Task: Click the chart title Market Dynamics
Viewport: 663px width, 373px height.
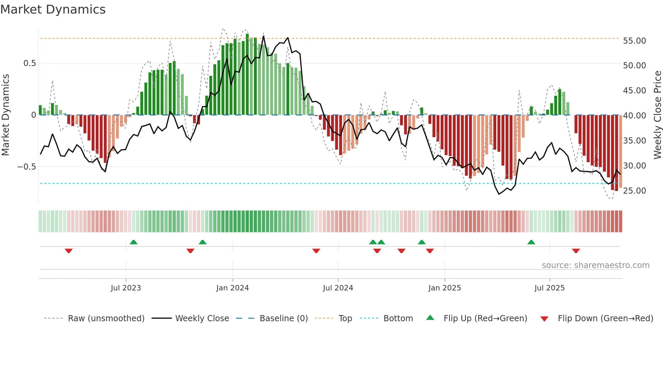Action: pyautogui.click(x=53, y=9)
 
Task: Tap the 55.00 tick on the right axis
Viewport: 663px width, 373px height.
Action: pyautogui.click(x=634, y=41)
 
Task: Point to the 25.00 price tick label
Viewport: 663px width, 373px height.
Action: pyautogui.click(x=634, y=191)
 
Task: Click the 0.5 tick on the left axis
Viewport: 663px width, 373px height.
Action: pyautogui.click(x=29, y=63)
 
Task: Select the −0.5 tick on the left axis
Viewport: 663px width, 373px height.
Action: pyautogui.click(x=27, y=167)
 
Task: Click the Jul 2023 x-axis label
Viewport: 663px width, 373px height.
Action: pyautogui.click(x=125, y=288)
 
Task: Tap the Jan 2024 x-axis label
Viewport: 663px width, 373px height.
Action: pyautogui.click(x=232, y=288)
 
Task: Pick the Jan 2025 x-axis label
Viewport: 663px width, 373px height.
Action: pyautogui.click(x=444, y=288)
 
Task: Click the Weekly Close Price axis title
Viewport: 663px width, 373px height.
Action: pyautogui.click(x=657, y=115)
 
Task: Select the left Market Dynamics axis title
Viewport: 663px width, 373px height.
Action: pyautogui.click(x=5, y=115)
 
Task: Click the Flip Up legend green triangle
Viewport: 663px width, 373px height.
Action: pyautogui.click(x=430, y=317)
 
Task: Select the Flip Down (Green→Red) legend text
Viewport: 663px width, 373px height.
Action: pyautogui.click(x=605, y=319)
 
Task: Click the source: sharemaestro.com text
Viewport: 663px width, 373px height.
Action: pyautogui.click(x=595, y=265)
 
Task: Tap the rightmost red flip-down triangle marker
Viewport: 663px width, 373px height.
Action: pyautogui.click(x=576, y=251)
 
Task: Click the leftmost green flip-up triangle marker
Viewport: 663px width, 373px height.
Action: pyautogui.click(x=134, y=242)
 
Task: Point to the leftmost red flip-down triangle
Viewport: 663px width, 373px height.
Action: pyautogui.click(x=69, y=251)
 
